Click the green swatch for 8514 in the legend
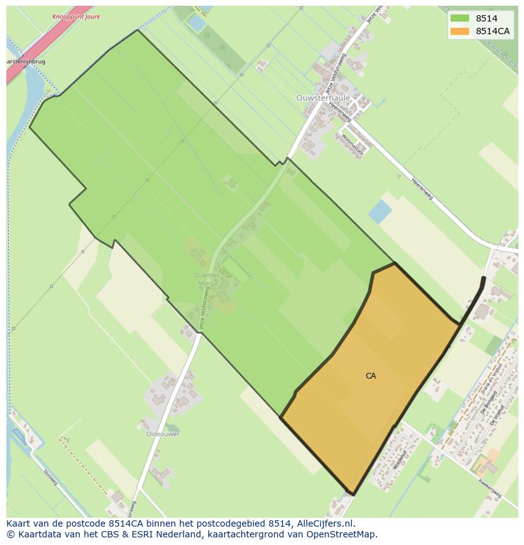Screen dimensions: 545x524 click(459, 18)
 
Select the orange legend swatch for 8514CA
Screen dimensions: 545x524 click(459, 31)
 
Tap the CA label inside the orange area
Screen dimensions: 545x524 click(371, 376)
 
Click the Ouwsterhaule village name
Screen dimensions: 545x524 click(322, 98)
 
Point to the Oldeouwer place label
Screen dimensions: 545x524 click(163, 434)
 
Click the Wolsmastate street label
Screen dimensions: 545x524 click(352, 144)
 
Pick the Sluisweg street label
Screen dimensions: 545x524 click(50, 477)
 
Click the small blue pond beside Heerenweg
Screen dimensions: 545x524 click(380, 211)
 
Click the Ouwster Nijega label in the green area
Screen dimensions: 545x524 click(206, 280)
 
